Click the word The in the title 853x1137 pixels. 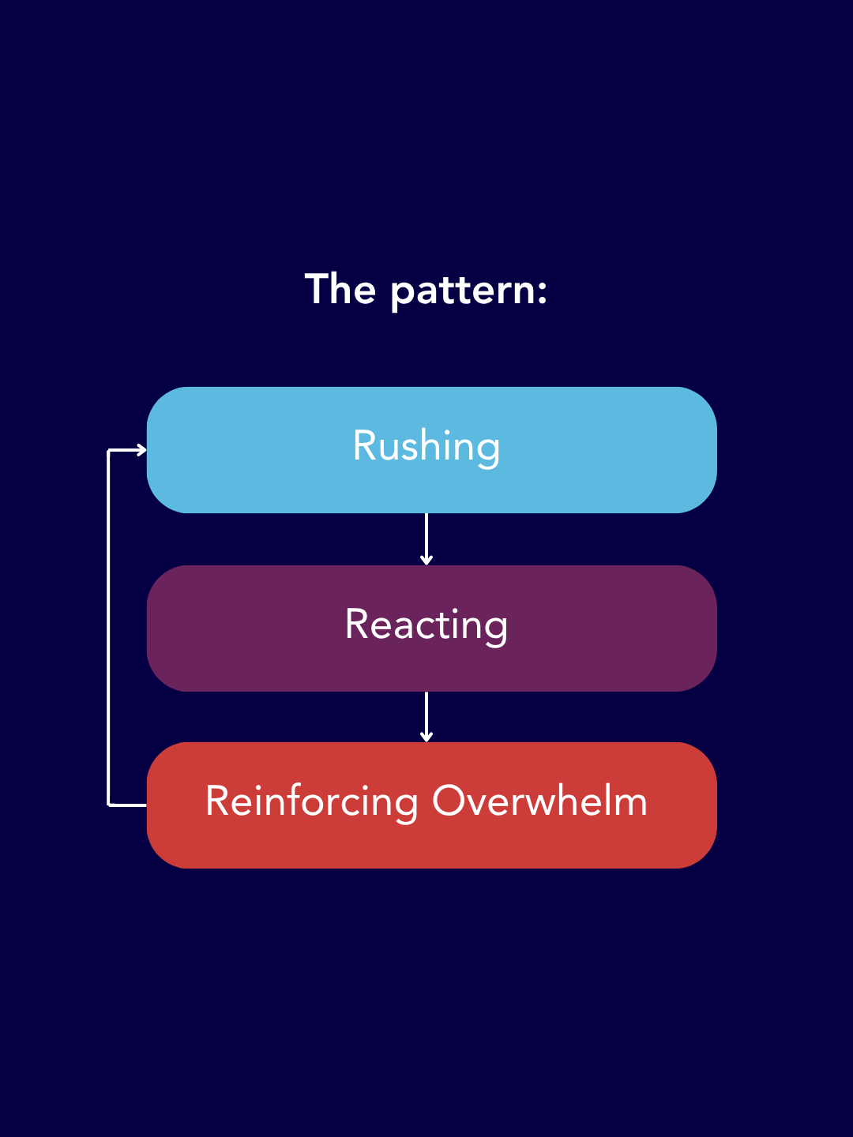340,288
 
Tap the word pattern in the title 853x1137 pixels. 463,291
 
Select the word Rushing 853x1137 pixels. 426,447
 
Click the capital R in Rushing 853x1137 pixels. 364,445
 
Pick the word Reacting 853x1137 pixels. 426,625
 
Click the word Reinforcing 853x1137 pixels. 312,802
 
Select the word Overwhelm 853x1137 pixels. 539,801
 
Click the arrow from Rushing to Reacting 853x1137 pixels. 426,538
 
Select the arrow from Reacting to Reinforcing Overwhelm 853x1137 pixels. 426,716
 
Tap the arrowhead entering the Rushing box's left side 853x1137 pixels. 142,450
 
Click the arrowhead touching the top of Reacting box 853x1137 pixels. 426,560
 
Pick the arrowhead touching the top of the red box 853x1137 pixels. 426,737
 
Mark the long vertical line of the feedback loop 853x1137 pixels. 108,628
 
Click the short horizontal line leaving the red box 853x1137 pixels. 127,805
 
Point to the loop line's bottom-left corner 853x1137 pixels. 108,805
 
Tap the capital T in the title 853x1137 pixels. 317,288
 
